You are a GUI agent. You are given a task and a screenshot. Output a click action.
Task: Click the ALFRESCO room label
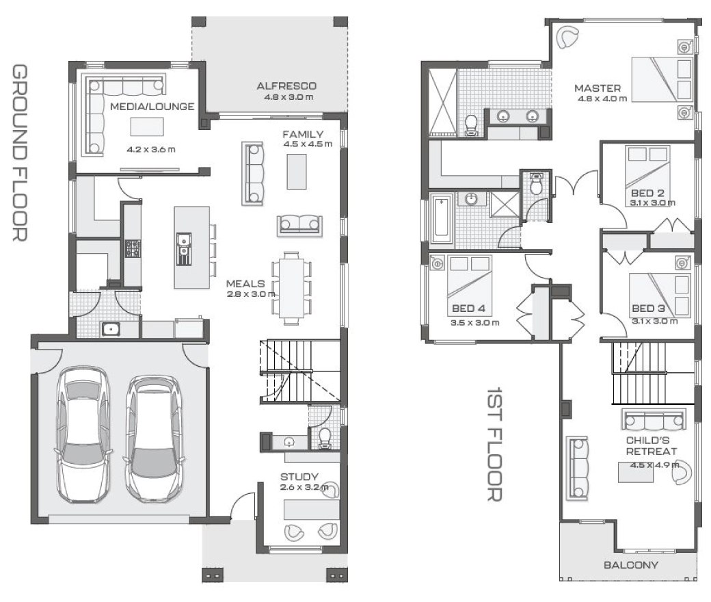pyautogui.click(x=286, y=86)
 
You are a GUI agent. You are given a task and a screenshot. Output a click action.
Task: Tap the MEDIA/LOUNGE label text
pyautogui.click(x=152, y=107)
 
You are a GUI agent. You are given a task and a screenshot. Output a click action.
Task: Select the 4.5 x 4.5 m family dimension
pyautogui.click(x=308, y=144)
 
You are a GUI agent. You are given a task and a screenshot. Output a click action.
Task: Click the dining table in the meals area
pyautogui.click(x=291, y=287)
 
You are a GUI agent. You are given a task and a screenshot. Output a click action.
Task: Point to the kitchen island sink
pyautogui.click(x=184, y=249)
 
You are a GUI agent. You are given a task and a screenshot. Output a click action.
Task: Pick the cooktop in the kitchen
pyautogui.click(x=133, y=248)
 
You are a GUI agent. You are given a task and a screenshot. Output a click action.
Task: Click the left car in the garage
pyautogui.click(x=83, y=434)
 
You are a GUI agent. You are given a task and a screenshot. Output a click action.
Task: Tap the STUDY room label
pyautogui.click(x=299, y=477)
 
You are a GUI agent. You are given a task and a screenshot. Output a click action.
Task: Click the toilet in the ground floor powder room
pyautogui.click(x=325, y=439)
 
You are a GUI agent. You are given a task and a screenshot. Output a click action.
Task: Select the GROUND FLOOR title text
pyautogui.click(x=19, y=153)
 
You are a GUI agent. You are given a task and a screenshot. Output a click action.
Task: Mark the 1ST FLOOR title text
pyautogui.click(x=494, y=444)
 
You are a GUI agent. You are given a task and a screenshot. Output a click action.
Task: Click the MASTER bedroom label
pyautogui.click(x=598, y=88)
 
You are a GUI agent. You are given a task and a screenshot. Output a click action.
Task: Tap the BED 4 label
pyautogui.click(x=468, y=309)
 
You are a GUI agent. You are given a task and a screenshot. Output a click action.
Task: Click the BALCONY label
pyautogui.click(x=631, y=565)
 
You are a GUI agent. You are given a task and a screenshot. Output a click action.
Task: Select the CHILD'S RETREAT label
pyautogui.click(x=651, y=446)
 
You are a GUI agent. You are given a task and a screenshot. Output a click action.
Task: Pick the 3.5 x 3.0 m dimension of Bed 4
pyautogui.click(x=474, y=323)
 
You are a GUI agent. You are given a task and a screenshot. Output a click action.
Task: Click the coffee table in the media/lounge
pyautogui.click(x=147, y=127)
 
